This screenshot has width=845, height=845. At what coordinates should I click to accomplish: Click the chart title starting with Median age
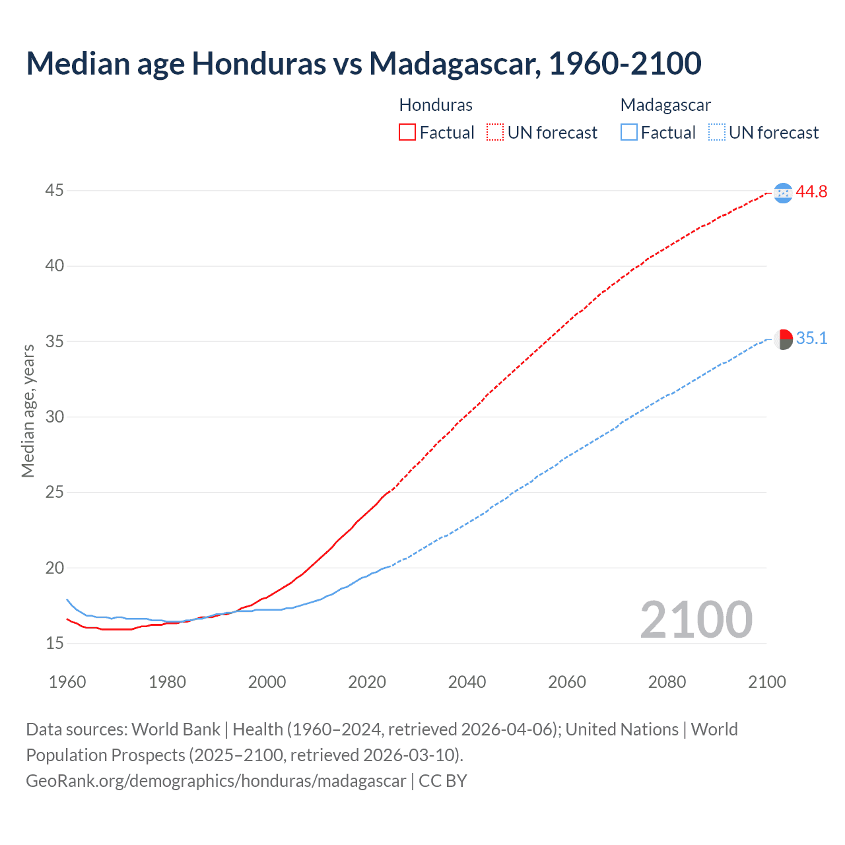point(363,64)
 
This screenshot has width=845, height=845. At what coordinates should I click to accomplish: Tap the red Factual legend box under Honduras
point(407,133)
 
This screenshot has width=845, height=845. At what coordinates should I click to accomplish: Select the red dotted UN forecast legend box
point(495,133)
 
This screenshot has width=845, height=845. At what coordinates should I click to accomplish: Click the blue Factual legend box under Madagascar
point(629,133)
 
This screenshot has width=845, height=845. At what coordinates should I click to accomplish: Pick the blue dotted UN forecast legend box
point(716,133)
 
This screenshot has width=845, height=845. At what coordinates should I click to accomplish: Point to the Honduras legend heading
point(436,105)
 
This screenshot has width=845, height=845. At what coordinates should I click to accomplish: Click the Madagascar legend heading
point(665,105)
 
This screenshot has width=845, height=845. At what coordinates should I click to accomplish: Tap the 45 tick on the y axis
point(54,191)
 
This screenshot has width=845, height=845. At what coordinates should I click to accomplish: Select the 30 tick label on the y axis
point(54,417)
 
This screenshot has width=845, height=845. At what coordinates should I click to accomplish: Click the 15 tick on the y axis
point(54,643)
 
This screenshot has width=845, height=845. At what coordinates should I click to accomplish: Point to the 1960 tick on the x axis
point(67,682)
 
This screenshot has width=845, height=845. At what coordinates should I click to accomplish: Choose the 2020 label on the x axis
point(367,682)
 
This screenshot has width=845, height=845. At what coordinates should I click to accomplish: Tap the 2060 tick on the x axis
point(567,682)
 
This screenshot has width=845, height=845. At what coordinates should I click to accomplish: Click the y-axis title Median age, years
point(28,411)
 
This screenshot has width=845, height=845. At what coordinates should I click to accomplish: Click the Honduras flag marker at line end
point(783,193)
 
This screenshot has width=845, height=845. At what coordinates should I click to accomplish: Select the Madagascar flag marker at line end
point(783,339)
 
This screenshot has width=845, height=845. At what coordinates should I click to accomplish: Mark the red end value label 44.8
point(811,192)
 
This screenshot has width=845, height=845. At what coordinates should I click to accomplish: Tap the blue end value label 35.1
point(811,339)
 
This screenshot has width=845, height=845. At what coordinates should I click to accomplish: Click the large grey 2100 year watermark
point(696,620)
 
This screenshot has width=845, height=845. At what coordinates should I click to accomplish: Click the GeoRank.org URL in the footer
point(216,781)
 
